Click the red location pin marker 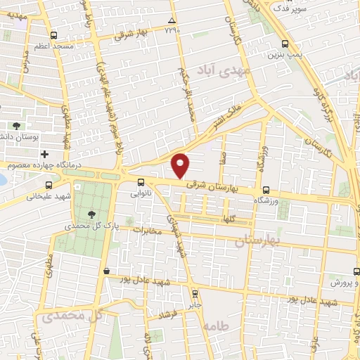click(181, 166)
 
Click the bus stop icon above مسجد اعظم click(54, 34)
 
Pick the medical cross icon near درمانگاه click(44, 154)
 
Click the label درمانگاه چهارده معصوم click(34, 166)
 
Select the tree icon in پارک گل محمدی click(91, 214)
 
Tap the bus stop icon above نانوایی click(141, 183)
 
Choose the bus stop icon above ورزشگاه click(266, 190)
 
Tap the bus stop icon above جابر click(195, 295)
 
